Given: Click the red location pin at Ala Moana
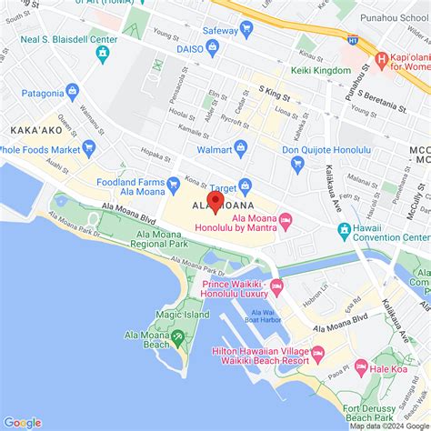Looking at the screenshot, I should coord(215,201).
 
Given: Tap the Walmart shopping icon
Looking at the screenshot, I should coord(241,147).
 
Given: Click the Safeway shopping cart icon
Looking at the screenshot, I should coord(246,28).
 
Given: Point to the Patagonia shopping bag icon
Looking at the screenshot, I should coord(73,91).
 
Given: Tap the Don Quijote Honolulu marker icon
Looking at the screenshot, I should coord(297,165).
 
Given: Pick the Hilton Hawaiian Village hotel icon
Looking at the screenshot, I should coord(317,353).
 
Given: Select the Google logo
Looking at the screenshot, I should coord(23,422).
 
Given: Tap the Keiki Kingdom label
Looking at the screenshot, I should coord(320,71).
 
